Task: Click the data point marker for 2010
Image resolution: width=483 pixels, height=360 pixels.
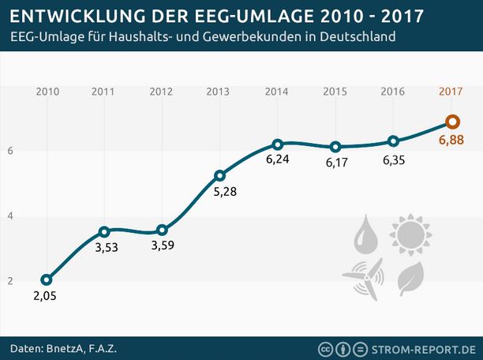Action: pos(47,279)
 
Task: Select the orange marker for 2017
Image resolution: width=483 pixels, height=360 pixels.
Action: pos(451,122)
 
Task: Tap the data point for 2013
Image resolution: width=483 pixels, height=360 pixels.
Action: pos(219,175)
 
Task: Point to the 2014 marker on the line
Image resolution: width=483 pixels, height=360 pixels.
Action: pos(277,144)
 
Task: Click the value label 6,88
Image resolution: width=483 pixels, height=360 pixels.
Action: pos(451,141)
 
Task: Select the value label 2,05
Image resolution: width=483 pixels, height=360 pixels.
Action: pos(45,296)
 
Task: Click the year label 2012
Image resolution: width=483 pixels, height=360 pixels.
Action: pos(161,92)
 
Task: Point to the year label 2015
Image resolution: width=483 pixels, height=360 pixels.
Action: pos(335,92)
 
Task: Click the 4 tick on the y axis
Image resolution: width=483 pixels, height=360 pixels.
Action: pos(9,216)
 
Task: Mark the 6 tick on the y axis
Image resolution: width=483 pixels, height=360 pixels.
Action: pos(9,150)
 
